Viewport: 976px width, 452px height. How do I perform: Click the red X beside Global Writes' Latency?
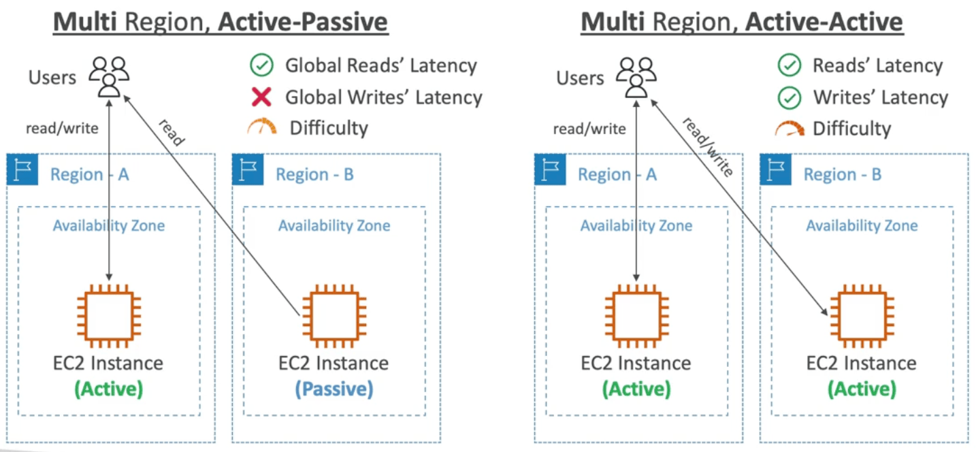261,97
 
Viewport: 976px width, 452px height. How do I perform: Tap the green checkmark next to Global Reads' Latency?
261,65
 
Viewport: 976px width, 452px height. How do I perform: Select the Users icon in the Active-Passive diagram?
109,77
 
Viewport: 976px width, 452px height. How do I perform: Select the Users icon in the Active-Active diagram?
636,77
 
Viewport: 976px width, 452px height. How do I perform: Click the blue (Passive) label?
334,389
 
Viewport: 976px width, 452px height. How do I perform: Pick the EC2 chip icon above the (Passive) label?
334,316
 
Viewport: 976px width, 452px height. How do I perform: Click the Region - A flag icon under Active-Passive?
22,169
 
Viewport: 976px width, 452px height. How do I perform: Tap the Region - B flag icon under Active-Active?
776,169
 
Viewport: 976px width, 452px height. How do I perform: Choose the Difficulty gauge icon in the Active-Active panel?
790,128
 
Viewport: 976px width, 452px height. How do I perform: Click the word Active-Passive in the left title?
304,22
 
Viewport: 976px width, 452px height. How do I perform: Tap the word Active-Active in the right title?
824,22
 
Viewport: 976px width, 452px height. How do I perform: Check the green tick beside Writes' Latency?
789,97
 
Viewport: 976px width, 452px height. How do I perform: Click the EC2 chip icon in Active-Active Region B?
862,316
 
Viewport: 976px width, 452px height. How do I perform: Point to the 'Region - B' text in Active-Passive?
314,174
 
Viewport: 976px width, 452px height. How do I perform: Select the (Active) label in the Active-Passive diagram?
108,389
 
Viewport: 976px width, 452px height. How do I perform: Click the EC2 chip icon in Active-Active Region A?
636,316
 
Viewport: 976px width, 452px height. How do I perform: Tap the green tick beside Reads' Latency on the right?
789,65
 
